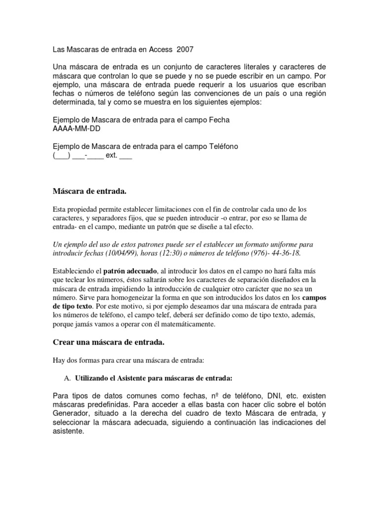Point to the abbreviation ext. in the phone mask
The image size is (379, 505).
[x=112, y=156]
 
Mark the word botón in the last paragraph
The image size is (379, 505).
[x=315, y=404]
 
